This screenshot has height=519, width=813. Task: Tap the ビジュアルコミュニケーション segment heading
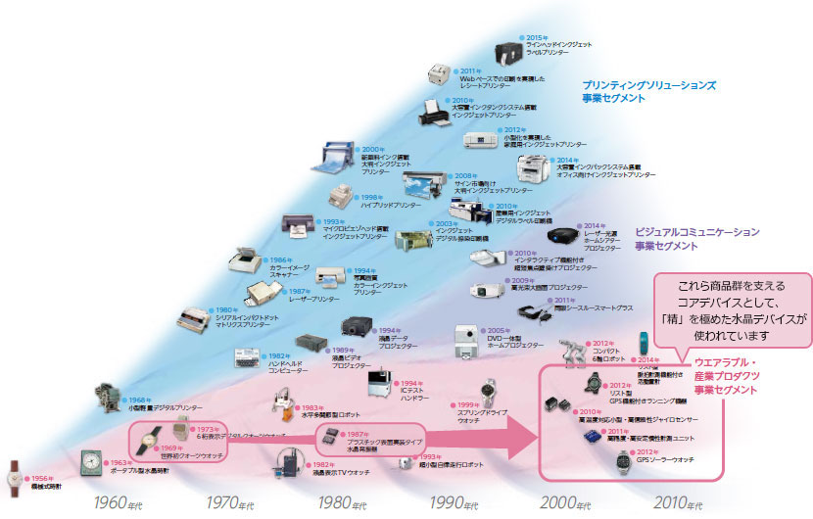pos(697,239)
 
